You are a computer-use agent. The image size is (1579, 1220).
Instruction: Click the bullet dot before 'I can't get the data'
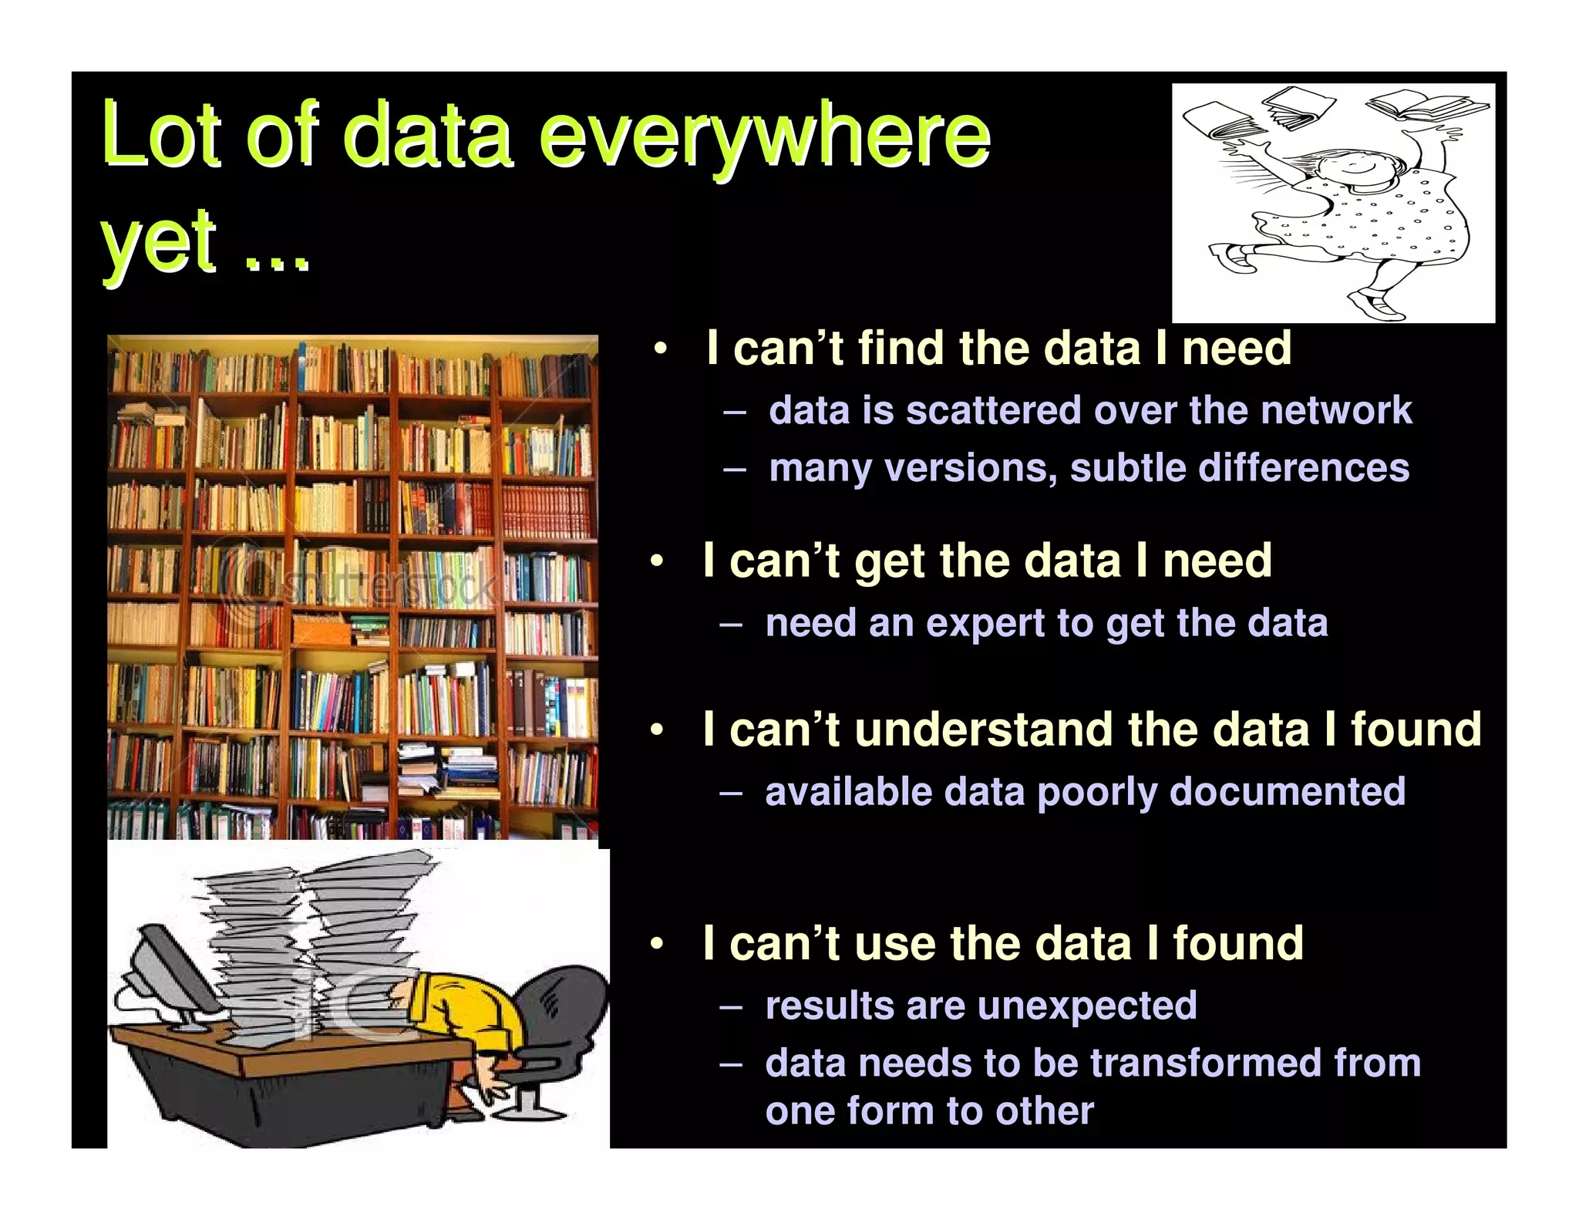[x=656, y=561]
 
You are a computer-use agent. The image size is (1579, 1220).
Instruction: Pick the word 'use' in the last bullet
[x=895, y=944]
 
